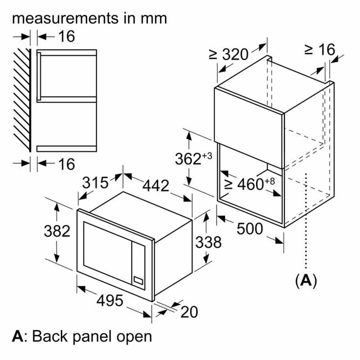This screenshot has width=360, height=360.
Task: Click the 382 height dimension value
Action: [57, 231]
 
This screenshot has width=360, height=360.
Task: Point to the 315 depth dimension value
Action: [95, 182]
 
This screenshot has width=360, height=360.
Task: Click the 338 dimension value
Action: [208, 242]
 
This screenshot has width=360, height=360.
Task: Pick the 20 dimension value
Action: [189, 312]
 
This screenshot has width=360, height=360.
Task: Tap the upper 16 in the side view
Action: [66, 36]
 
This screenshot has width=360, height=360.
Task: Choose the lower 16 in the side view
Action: [66, 164]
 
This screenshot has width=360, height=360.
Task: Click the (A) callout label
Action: [306, 280]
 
